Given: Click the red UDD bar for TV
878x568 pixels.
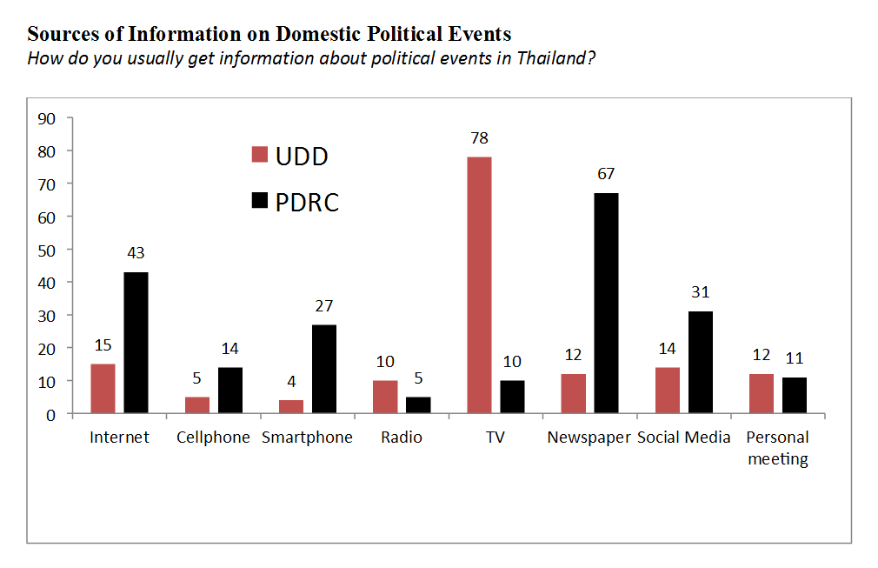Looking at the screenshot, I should coord(479,284).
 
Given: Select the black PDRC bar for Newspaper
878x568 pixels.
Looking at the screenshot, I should coord(606,303).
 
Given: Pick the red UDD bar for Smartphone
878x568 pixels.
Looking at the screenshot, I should coord(291,406).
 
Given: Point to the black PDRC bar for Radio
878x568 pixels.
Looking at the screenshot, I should coord(417,404).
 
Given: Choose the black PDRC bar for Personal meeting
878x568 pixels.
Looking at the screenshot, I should coord(794,395).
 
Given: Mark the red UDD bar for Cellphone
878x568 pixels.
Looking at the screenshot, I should coord(197,404).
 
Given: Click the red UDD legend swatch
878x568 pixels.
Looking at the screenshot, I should coord(259,155).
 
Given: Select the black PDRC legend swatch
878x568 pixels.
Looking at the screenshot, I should coord(259,202).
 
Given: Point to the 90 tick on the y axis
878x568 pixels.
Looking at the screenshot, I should coord(48,118).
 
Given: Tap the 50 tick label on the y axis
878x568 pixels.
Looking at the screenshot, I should coord(48,250).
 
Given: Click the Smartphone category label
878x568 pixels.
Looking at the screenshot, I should coord(307,438).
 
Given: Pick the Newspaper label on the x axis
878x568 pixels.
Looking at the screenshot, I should coord(589,438).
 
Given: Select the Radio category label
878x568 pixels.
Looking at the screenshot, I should coord(401,438).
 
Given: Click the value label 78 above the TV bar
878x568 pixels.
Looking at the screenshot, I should coord(479,138).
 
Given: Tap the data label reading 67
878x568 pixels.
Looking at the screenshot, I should coord(606,174).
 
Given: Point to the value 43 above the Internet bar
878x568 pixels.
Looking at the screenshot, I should coord(136,253).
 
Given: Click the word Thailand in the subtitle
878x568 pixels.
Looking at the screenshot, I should coord(546,59).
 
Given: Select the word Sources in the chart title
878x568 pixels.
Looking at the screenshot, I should coord(60,35).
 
